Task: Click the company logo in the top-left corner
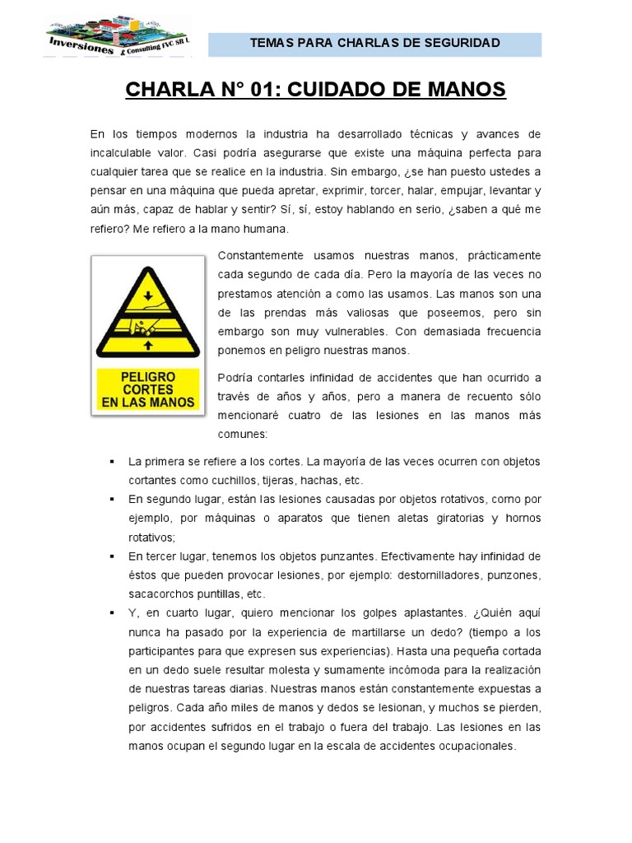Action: (x=118, y=35)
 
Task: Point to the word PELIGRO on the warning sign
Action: (x=148, y=376)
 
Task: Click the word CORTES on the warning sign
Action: (x=148, y=389)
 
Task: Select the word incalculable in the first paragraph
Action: (x=123, y=153)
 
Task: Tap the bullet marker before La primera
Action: (x=110, y=461)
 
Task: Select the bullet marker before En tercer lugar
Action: (x=110, y=556)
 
